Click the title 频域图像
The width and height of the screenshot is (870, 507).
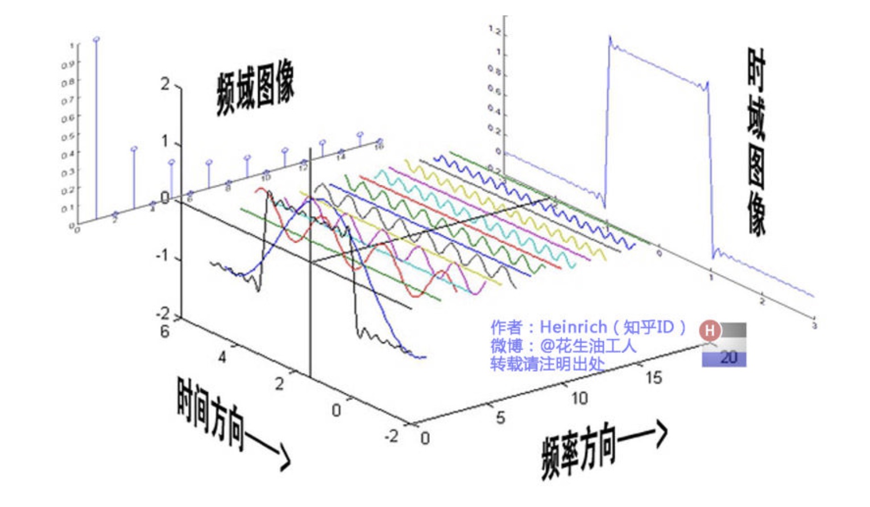(x=255, y=91)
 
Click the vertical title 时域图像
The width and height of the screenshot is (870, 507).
(x=756, y=142)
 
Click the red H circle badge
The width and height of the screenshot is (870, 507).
(x=710, y=330)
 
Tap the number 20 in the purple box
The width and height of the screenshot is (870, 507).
(x=728, y=358)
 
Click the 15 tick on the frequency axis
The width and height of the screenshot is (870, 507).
(x=653, y=377)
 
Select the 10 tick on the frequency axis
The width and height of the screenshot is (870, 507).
(x=579, y=398)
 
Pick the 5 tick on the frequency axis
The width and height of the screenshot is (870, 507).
(x=500, y=418)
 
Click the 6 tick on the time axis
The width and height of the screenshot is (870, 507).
(x=164, y=331)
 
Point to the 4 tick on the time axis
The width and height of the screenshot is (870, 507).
(x=222, y=357)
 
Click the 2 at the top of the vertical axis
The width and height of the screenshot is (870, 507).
(x=165, y=84)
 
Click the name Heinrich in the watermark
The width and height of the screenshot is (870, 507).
(x=573, y=327)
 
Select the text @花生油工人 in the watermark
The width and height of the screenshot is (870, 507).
(x=588, y=345)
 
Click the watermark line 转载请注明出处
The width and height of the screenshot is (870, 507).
(x=547, y=364)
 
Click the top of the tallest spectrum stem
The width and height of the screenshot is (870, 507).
(x=96, y=39)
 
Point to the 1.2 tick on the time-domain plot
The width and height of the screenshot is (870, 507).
(x=494, y=31)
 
